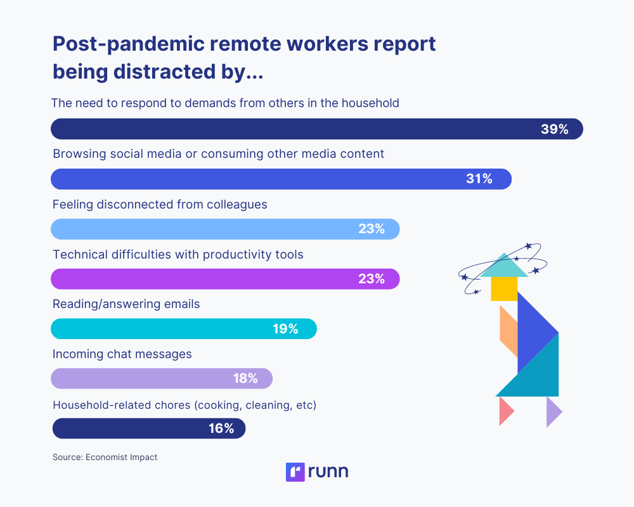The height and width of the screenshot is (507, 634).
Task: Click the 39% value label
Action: click(554, 129)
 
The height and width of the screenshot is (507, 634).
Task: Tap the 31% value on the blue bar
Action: click(479, 179)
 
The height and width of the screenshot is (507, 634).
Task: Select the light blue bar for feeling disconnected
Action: click(203, 229)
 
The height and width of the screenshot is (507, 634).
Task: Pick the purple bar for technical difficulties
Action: click(203, 279)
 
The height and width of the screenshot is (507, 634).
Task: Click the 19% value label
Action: click(285, 329)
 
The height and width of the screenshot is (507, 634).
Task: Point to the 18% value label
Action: click(245, 379)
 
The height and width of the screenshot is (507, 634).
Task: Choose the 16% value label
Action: click(221, 428)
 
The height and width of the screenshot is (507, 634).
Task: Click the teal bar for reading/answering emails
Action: click(158, 329)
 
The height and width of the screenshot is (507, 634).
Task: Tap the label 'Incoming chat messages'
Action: click(122, 354)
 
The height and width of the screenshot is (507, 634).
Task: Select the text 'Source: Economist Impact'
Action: click(105, 456)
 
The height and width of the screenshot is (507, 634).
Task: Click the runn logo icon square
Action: click(295, 472)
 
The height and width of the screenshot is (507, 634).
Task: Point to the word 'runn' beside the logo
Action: click(328, 472)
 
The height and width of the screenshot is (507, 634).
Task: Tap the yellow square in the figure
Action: click(504, 288)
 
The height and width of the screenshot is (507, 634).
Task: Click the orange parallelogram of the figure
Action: click(508, 330)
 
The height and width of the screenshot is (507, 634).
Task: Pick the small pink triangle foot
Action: click(505, 411)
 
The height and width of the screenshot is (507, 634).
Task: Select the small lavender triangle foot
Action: click(553, 411)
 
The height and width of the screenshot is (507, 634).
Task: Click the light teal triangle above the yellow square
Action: click(504, 267)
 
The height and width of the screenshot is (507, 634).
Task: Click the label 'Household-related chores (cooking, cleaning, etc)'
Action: click(184, 404)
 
